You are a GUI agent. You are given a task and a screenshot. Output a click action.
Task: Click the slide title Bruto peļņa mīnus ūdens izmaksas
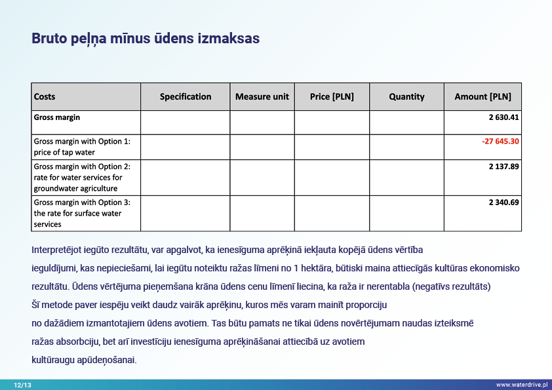click(x=146, y=39)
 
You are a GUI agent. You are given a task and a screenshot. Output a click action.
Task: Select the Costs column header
click(x=45, y=96)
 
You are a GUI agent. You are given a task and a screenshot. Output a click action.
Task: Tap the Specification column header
click(x=186, y=96)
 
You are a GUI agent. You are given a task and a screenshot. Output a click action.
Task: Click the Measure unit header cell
click(x=262, y=96)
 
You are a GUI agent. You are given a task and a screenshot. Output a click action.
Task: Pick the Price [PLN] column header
click(x=332, y=96)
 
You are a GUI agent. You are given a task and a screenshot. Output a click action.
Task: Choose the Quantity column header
click(x=406, y=96)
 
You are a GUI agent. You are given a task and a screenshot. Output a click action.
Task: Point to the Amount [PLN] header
click(x=483, y=96)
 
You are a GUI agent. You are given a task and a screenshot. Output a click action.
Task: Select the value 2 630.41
click(x=503, y=117)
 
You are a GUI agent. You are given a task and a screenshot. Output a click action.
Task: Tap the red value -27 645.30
click(x=500, y=141)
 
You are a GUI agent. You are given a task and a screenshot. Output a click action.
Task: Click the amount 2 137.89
click(x=503, y=166)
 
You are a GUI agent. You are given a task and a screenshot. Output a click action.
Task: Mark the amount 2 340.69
click(x=503, y=202)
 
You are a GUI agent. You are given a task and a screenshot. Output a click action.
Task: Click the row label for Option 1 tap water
click(x=81, y=147)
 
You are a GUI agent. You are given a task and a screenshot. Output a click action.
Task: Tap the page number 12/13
click(x=22, y=385)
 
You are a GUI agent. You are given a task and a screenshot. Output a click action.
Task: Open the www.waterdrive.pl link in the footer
click(x=521, y=385)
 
